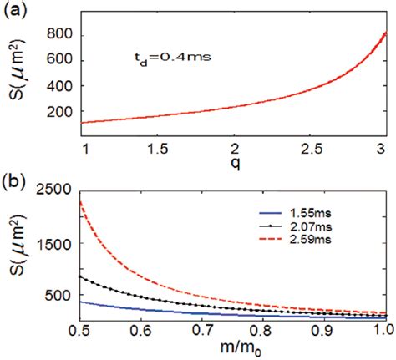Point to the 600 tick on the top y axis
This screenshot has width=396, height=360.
click(x=58, y=61)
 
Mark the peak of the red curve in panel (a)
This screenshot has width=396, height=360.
click(x=385, y=33)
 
